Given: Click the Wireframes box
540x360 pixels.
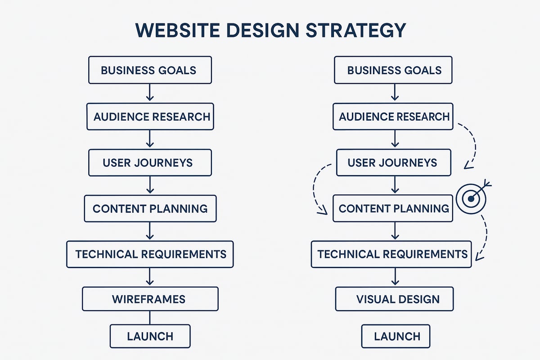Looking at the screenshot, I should [x=150, y=299].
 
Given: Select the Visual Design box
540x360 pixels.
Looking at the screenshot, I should [x=394, y=299].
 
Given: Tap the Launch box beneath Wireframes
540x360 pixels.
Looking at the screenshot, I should [x=150, y=336].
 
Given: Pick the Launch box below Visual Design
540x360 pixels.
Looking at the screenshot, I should [x=396, y=336].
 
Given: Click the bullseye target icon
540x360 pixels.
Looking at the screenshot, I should [x=471, y=198].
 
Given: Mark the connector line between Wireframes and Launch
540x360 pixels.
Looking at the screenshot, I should [x=150, y=318].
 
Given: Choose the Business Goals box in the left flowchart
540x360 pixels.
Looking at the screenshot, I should [x=150, y=70].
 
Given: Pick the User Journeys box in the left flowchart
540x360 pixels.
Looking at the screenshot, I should [x=150, y=162].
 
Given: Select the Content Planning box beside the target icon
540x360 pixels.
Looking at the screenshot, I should [x=393, y=208].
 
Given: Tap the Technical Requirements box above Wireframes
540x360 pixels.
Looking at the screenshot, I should [x=150, y=254].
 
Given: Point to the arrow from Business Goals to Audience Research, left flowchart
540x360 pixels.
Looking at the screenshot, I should [x=150, y=93].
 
